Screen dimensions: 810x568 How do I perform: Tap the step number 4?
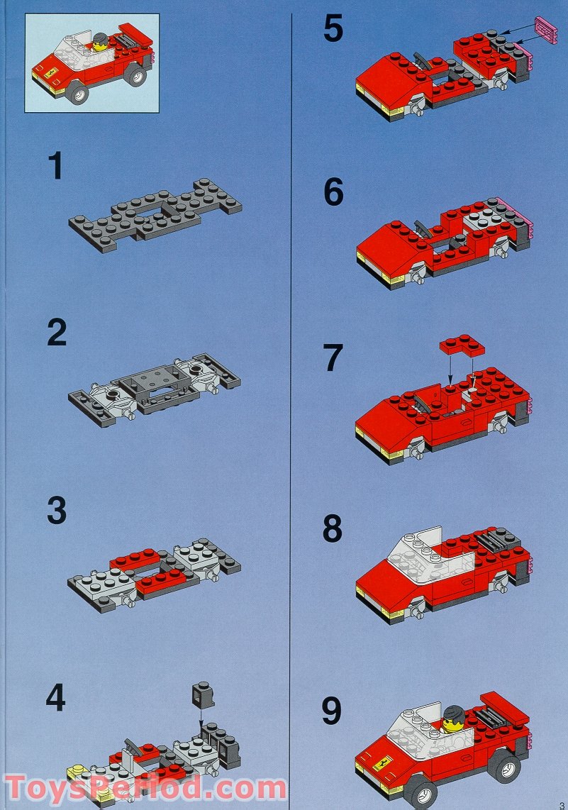coord(55,699)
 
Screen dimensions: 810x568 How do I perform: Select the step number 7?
coord(333,359)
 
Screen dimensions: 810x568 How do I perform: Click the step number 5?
coord(333,30)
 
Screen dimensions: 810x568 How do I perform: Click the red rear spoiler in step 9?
coord(504,704)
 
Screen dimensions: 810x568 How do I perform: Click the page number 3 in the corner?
coord(561,804)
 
